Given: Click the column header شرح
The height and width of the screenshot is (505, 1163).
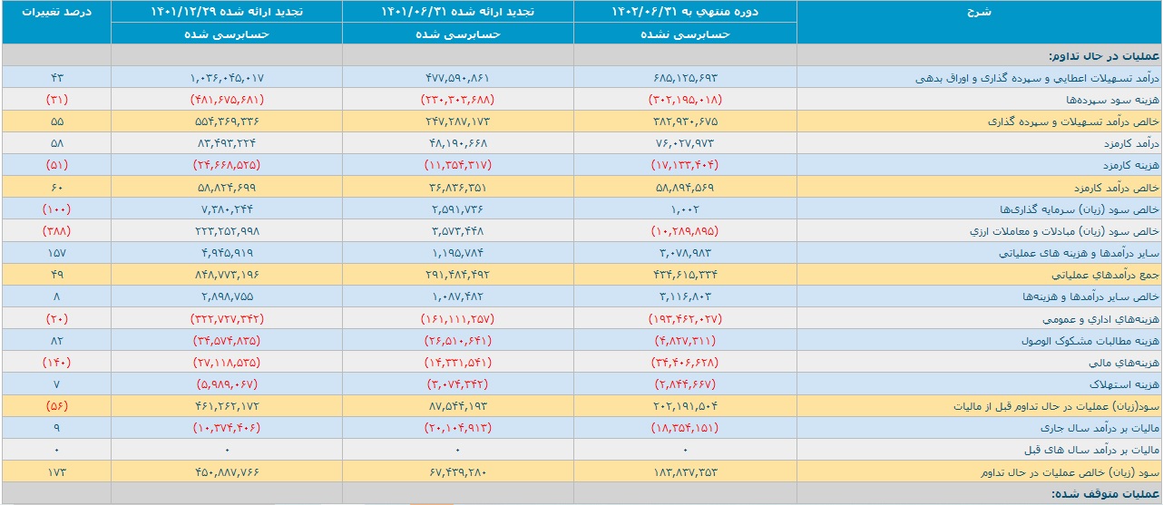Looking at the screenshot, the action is (979, 12).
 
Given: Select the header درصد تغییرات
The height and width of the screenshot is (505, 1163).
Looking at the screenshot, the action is (56, 12).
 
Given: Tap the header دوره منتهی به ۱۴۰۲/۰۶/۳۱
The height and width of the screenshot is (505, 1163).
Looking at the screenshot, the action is (685, 12).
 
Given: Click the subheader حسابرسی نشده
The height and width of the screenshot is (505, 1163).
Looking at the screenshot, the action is (685, 34).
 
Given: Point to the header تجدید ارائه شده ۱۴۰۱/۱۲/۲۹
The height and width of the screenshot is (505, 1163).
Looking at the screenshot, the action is (227, 12).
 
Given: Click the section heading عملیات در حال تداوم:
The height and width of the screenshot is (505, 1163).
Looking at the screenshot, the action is (1103, 56).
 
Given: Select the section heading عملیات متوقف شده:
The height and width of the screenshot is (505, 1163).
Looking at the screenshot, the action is (1105, 493).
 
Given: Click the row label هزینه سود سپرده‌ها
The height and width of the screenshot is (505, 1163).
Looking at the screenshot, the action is (1112, 100).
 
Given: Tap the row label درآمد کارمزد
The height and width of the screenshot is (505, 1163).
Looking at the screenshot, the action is (1131, 143).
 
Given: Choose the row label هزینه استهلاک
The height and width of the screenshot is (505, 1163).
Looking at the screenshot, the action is (1124, 384).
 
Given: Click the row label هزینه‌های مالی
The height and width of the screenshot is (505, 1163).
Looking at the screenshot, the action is (1124, 363).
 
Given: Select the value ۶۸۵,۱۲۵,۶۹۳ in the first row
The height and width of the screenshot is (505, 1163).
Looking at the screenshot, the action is (685, 78).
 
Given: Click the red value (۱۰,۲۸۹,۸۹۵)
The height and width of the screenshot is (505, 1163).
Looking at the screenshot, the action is (685, 231).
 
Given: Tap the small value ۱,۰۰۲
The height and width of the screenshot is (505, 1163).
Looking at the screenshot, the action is (685, 209).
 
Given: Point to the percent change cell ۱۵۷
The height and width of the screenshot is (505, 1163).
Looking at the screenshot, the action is (56, 253).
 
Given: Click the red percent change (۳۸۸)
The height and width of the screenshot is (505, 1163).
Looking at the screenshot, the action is (56, 231).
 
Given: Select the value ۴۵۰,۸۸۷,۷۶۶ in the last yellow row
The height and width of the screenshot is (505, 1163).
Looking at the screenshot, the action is (227, 472).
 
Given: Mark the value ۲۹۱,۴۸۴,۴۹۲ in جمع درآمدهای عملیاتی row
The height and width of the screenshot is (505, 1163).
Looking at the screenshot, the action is (457, 275).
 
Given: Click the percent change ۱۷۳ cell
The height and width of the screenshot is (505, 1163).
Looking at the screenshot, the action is (56, 472).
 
